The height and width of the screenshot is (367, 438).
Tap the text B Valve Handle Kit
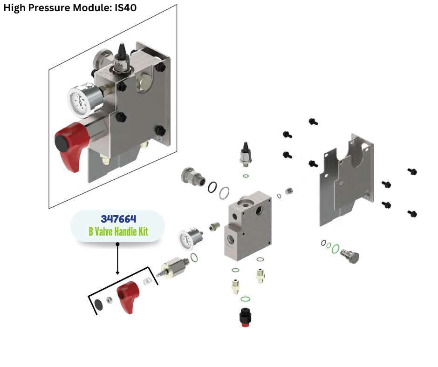(118, 231)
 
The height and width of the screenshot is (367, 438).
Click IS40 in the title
(125, 8)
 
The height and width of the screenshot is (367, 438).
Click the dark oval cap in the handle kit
(98, 304)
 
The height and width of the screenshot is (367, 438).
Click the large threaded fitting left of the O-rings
(192, 177)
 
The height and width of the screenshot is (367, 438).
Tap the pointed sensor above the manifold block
(245, 154)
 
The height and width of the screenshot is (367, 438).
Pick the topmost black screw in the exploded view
(313, 122)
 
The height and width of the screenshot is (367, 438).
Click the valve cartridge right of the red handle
(175, 267)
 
